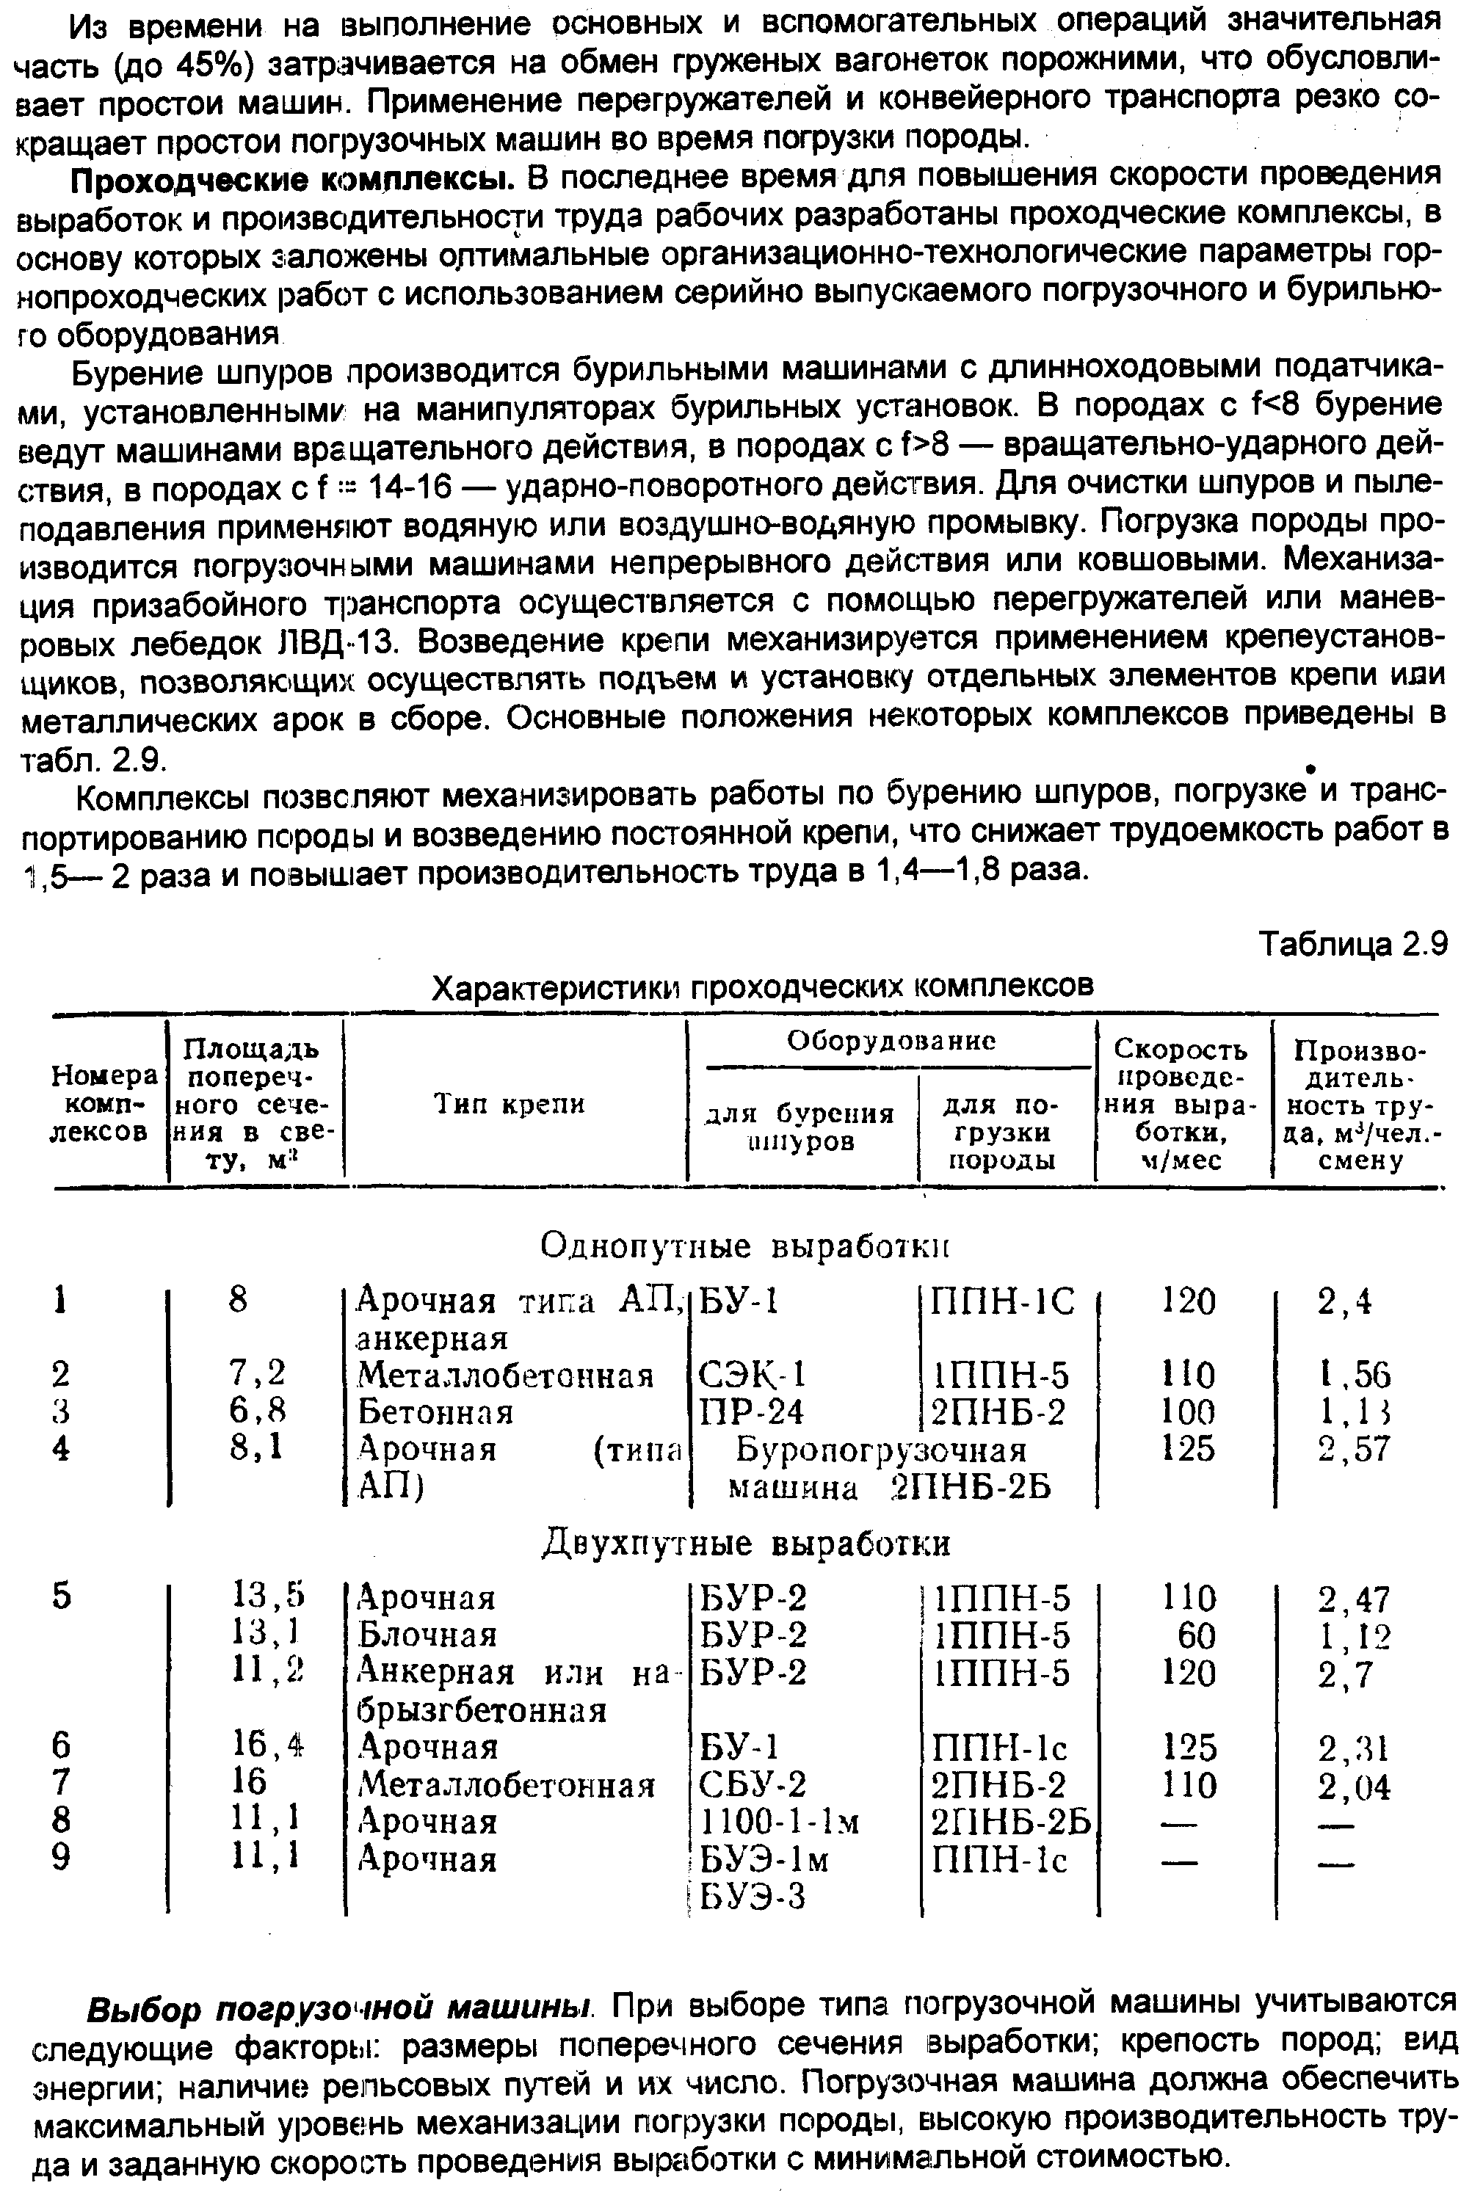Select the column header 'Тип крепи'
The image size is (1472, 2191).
pos(509,1105)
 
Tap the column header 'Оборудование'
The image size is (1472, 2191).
pos(890,1041)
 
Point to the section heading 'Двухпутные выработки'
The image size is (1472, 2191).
pos(747,1544)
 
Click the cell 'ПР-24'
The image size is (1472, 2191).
pos(752,1412)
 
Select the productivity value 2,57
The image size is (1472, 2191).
pos(1354,1450)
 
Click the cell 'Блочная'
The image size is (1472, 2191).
pos(428,1635)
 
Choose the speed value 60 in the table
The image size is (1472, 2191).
pos(1195,1635)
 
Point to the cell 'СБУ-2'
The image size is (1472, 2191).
pos(753,1784)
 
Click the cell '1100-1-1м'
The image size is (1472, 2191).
pos(779,1821)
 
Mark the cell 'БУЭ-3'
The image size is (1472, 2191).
pos(753,1897)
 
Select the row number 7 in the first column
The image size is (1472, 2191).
pos(61,1784)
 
